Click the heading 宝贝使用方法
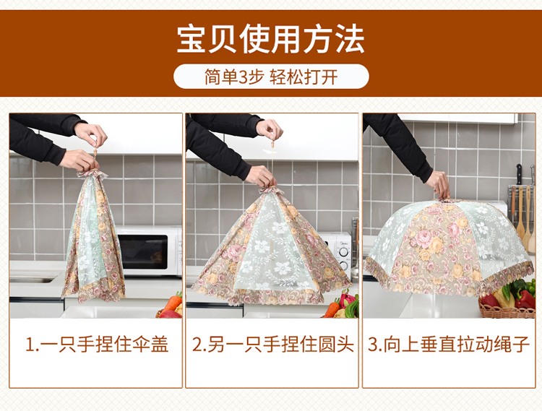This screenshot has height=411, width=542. tap(271, 39)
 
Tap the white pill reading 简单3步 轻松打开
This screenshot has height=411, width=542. tap(271, 77)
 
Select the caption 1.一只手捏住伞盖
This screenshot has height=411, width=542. tap(97, 345)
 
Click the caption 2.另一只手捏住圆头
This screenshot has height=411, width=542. tap(272, 345)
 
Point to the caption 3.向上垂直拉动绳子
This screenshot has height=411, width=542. tap(449, 345)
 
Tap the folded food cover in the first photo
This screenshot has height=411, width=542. tap(93, 237)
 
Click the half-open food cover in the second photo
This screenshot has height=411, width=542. tap(271, 247)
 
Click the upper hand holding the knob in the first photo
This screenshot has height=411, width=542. tap(91, 134)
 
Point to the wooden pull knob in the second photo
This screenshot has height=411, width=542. tap(272, 142)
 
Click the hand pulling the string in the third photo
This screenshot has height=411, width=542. tap(439, 185)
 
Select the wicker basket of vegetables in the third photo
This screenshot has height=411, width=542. tap(507, 309)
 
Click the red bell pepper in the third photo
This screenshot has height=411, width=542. tap(525, 299)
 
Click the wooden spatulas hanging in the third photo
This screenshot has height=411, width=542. tap(522, 214)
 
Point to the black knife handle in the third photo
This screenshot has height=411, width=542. tap(519, 174)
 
